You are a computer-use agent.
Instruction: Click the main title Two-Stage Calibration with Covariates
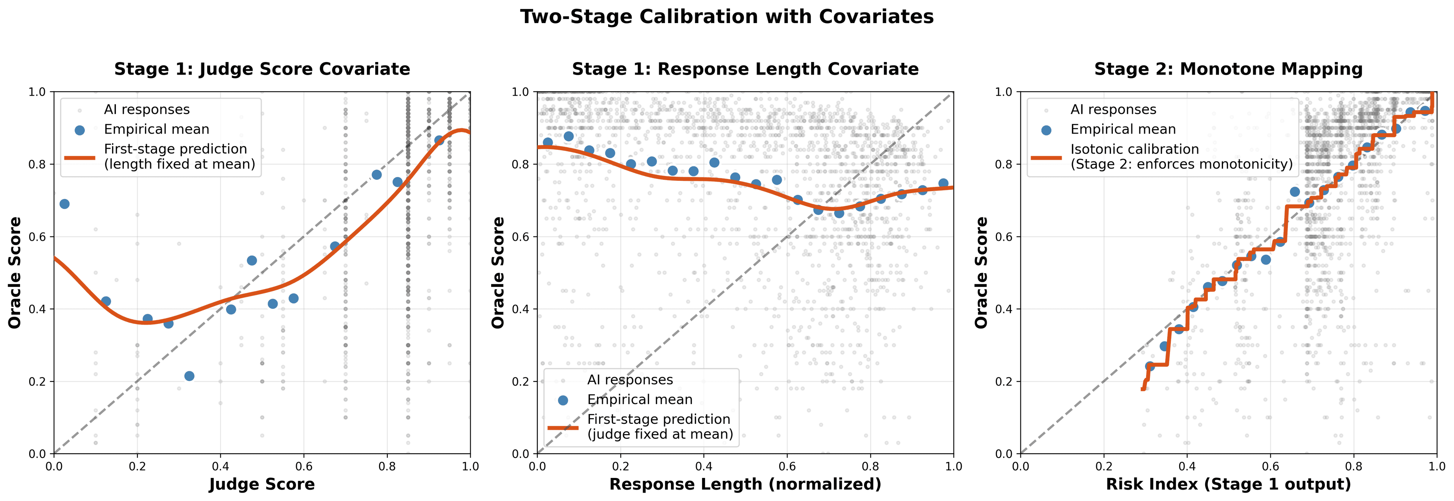point(727,17)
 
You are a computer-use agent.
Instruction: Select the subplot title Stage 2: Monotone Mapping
point(1228,69)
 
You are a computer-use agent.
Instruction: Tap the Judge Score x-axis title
point(262,484)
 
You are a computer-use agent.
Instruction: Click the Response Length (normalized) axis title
point(745,484)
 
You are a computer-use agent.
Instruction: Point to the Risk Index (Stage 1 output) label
point(1228,484)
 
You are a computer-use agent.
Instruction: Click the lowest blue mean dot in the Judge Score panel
point(189,376)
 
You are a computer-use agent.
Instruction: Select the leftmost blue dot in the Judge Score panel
point(64,204)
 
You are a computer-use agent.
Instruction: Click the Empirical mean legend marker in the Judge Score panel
point(80,130)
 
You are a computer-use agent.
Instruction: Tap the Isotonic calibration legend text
point(1134,149)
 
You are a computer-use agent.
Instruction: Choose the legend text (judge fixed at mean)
point(660,434)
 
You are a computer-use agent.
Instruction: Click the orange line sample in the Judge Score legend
point(80,157)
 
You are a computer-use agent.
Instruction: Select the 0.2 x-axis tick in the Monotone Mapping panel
point(1103,467)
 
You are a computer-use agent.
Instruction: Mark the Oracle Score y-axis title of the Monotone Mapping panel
point(981,272)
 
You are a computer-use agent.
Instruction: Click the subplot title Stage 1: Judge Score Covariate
point(262,69)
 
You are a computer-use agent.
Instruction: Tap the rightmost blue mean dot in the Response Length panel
point(943,184)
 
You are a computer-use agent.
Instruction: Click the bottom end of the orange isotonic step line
point(1142,389)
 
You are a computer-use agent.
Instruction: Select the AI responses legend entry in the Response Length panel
point(629,380)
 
